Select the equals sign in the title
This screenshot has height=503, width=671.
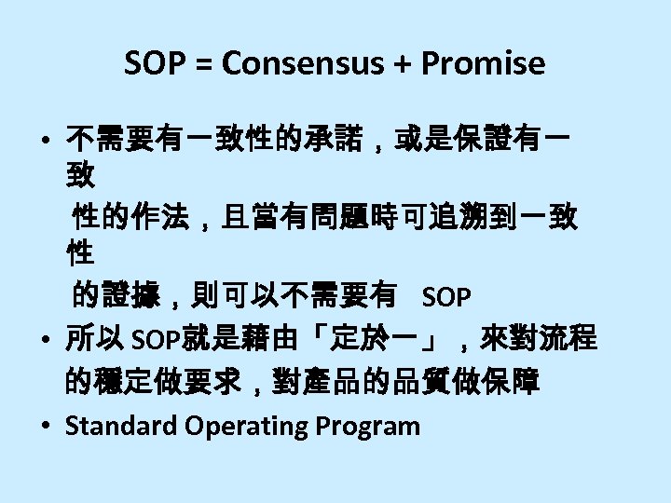tap(199, 63)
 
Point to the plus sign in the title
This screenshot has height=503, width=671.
tap(386, 63)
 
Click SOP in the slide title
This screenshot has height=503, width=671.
tap(155, 63)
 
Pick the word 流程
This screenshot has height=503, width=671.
tap(568, 338)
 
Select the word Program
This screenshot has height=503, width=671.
tap(368, 426)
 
